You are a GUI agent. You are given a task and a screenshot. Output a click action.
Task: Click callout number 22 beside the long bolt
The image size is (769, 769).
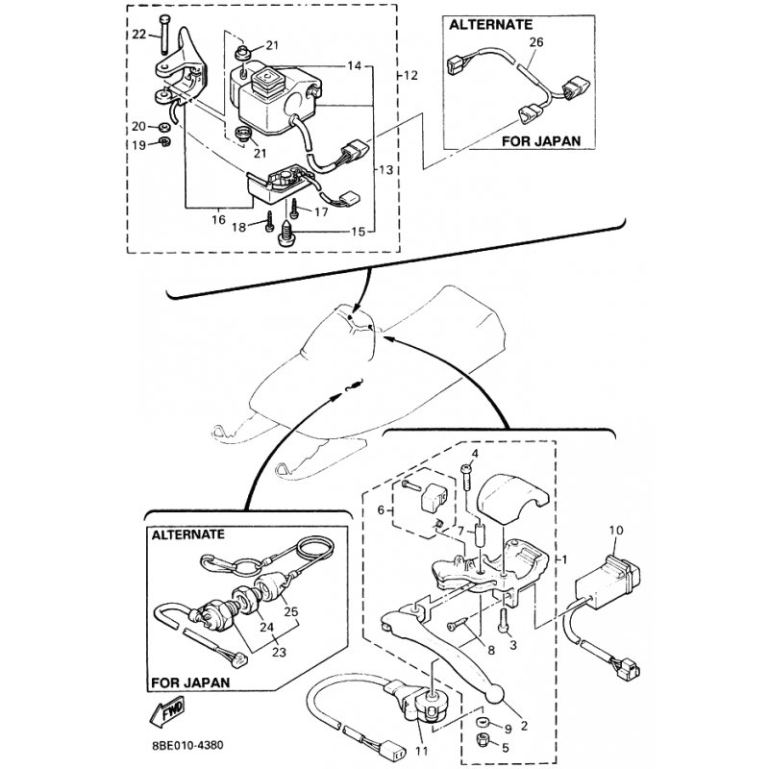click(139, 35)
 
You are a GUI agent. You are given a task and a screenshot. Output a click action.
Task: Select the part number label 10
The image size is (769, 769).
click(616, 531)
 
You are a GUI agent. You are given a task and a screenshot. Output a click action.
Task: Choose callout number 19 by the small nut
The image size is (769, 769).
click(138, 144)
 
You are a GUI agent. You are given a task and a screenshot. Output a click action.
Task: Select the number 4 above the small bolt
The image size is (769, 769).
click(473, 454)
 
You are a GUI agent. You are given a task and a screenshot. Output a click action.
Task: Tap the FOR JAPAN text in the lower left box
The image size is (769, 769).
click(191, 683)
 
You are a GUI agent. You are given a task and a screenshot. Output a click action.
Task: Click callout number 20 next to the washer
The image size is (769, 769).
click(138, 127)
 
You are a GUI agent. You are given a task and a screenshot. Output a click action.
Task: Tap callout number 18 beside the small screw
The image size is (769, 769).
click(240, 227)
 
